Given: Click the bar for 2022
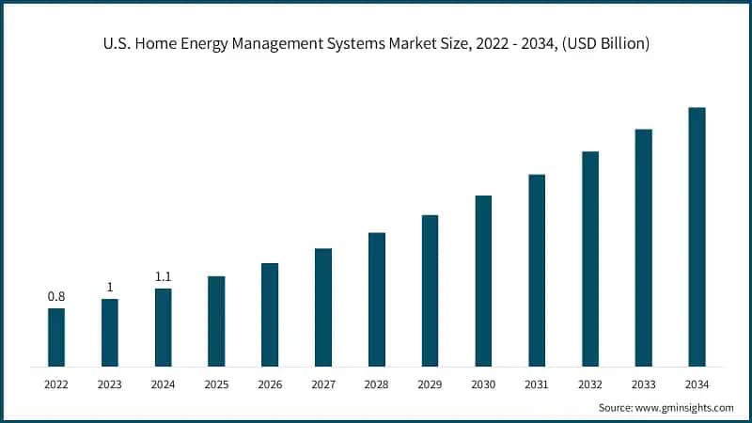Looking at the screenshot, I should pos(56,337).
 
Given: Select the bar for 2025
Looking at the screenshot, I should pos(216,321).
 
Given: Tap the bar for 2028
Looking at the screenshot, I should pos(376,299).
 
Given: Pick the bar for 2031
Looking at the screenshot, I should pos(537,270).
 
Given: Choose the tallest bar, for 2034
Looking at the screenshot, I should pos(697,236).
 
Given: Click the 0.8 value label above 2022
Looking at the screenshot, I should pos(56,297).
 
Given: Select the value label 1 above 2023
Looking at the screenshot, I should pos(110,287).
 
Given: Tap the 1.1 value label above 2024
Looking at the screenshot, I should pos(163,276).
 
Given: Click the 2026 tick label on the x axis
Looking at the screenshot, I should pos(270,384).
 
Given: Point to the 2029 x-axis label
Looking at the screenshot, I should pos(430,384).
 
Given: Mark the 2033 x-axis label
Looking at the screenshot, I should pos(643,384).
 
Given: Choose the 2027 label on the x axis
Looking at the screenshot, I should pos(322,384).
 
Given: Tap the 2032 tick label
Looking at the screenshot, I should pos(589,384).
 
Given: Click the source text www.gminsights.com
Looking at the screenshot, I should pos(686,407).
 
